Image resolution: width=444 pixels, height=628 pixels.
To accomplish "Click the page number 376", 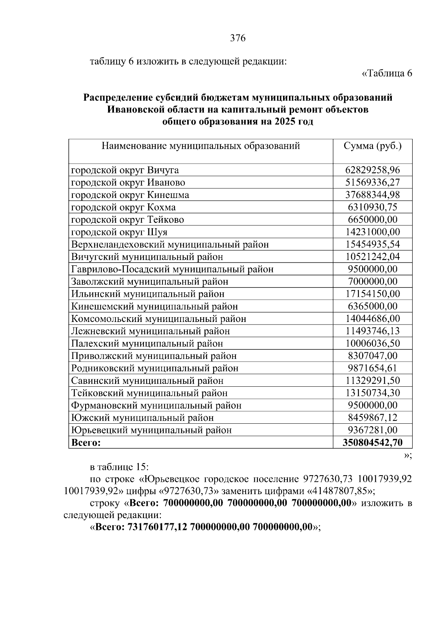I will [238, 38].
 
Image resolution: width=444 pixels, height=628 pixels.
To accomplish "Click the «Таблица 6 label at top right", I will [387, 73].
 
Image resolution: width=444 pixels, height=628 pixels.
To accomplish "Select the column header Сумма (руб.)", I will [373, 146].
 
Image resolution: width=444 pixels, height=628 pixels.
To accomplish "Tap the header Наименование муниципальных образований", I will [201, 146].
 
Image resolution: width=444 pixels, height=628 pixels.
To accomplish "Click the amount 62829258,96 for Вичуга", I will [373, 170].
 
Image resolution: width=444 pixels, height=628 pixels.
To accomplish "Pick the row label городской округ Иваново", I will [128, 182].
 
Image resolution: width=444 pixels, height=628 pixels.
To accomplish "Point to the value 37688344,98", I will [373, 195].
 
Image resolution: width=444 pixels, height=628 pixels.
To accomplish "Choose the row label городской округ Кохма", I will [123, 207].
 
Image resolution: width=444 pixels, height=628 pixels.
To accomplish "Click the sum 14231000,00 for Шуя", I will [373, 232].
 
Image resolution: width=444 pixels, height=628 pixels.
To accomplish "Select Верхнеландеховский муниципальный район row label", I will [170, 245].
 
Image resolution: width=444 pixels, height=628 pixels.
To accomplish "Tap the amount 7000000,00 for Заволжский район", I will [373, 282].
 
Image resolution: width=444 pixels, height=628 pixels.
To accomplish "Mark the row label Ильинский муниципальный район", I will [148, 294].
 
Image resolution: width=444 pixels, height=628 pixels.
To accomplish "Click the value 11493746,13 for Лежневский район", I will [373, 331].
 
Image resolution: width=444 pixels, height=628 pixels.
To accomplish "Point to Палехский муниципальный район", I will [147, 343].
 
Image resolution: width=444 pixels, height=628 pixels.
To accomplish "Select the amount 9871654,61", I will [373, 368].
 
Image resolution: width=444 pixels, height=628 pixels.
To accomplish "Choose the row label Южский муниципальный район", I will [142, 418].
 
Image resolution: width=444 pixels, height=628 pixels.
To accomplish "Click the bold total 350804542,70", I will [373, 443].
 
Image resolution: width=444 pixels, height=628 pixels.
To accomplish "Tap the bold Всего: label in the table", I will [86, 443].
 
